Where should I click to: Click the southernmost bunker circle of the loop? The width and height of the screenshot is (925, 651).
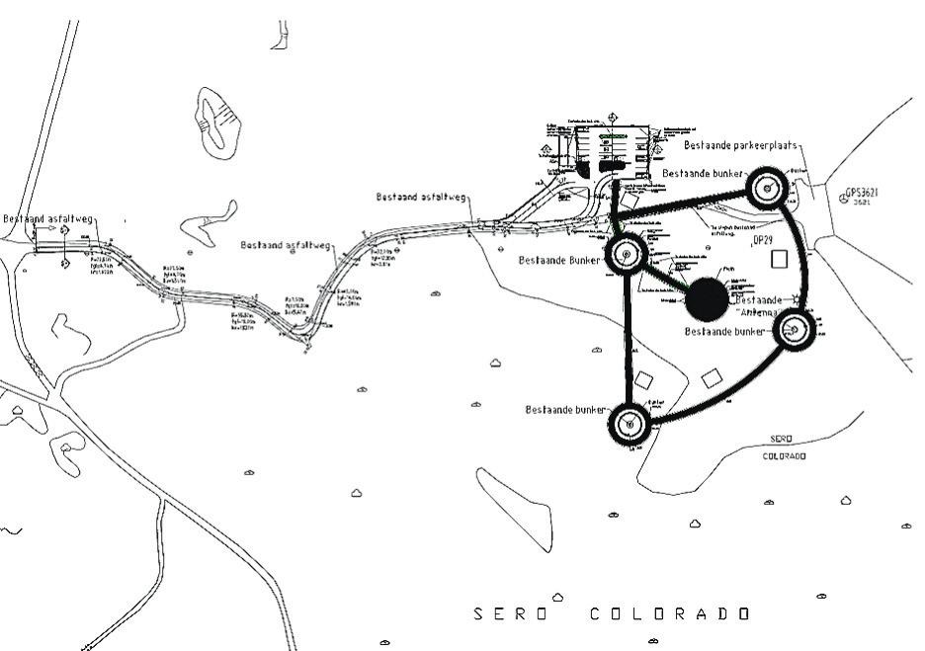[x=630, y=425]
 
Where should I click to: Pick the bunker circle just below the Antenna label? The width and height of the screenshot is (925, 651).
[x=795, y=332]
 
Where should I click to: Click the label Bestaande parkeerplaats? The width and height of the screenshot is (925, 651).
[x=740, y=145]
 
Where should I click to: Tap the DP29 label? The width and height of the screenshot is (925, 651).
[x=762, y=240]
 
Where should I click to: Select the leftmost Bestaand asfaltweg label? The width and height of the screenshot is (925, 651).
[x=47, y=219]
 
